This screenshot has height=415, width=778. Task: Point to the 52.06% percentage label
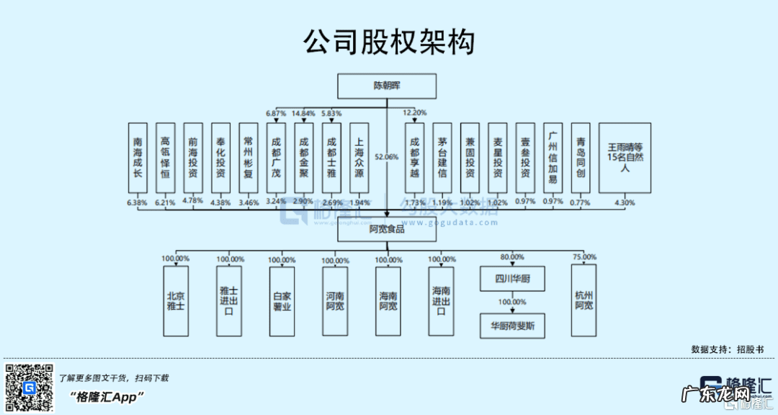[387, 156]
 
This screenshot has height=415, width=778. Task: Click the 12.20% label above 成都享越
[415, 112]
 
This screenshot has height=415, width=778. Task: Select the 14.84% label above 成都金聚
[303, 112]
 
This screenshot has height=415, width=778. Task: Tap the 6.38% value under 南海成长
[137, 202]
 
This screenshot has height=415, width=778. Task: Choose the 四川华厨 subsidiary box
[509, 278]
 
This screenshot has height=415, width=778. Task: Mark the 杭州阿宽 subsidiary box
[584, 300]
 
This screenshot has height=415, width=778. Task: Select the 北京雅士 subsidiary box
[175, 300]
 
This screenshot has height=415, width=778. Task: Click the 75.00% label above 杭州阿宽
[584, 256]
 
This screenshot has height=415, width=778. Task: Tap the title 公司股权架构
[389, 42]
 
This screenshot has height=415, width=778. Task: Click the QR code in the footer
[30, 388]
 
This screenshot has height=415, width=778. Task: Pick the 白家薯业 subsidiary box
[282, 300]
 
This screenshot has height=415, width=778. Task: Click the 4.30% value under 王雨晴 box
[625, 202]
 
